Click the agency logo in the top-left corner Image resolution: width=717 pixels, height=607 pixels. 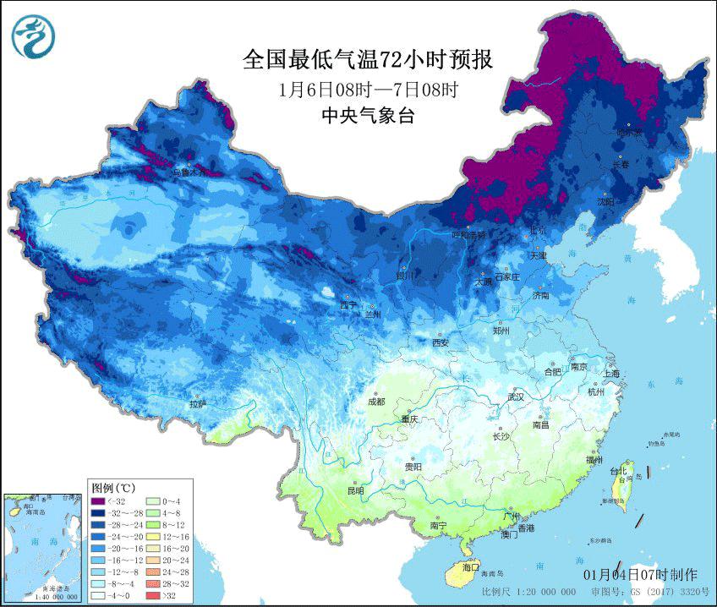[33, 34]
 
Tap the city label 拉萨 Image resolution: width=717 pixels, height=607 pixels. [198, 405]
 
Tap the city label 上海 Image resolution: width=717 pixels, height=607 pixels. [610, 373]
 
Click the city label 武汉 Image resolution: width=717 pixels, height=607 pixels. [515, 396]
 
